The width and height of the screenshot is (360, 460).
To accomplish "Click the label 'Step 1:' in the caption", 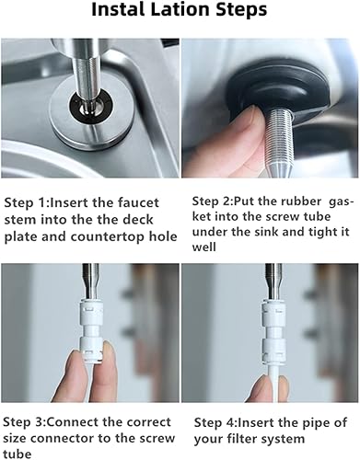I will click(29, 201).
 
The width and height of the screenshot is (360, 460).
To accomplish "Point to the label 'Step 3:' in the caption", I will click(29, 420).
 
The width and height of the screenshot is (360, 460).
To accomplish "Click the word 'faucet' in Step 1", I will click(140, 201).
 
